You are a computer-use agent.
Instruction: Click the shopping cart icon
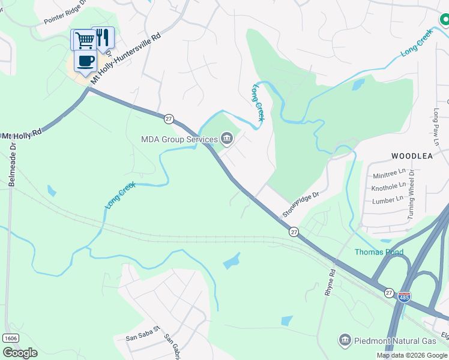83,40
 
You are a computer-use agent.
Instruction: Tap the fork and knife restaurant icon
103,37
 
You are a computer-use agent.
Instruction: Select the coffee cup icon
85,61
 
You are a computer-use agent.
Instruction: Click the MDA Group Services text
179,139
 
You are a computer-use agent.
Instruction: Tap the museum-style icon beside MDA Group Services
228,140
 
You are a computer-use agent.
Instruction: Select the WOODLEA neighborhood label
412,155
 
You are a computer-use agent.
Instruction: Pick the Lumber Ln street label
388,200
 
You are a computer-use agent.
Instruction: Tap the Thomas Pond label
379,252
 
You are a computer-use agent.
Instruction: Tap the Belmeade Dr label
13,168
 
